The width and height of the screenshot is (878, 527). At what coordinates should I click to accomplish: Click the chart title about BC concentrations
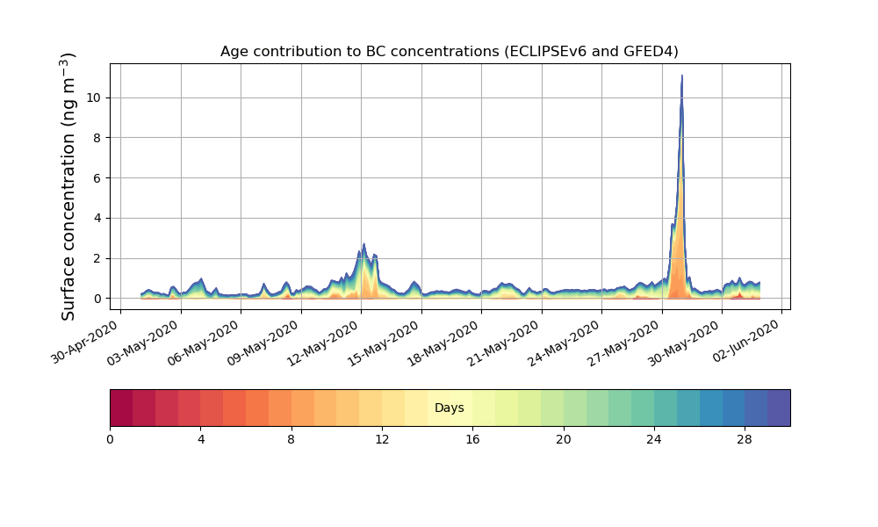pyautogui.click(x=449, y=51)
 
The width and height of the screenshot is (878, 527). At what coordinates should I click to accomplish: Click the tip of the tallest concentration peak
pyautogui.click(x=681, y=76)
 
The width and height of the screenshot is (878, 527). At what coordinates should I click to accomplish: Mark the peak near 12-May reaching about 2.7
pyautogui.click(x=363, y=245)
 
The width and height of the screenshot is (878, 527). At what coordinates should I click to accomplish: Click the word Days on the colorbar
pyautogui.click(x=449, y=408)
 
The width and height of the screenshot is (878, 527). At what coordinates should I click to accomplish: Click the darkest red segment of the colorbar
pyautogui.click(x=121, y=408)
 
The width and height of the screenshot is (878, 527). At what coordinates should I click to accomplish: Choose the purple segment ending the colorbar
pyautogui.click(x=779, y=408)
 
